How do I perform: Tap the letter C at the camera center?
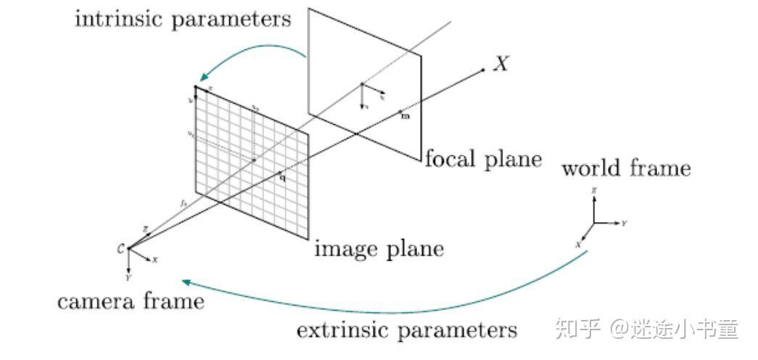click(x=120, y=249)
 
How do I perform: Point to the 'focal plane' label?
click(x=482, y=160)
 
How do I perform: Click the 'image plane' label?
click(x=378, y=250)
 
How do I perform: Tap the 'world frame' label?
click(x=626, y=169)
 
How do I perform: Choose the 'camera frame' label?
click(x=131, y=300)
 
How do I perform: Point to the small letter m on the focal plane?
click(x=405, y=116)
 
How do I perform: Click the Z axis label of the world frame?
click(x=594, y=189)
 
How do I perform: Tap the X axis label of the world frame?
click(x=578, y=245)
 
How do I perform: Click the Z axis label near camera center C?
click(x=145, y=229)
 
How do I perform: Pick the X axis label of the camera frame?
click(x=155, y=260)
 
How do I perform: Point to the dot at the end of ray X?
click(x=483, y=70)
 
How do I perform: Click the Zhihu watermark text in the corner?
click(x=646, y=329)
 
